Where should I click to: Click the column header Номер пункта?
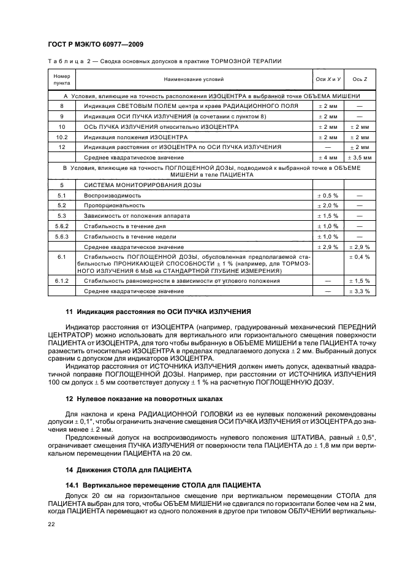tap(62, 79)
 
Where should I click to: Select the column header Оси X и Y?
tap(327, 79)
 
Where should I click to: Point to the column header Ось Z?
tap(359, 79)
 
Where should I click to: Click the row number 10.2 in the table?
tap(62, 137)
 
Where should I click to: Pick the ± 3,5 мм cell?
tap(359, 158)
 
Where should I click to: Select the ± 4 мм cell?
tap(327, 158)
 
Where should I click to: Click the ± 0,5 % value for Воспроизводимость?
tap(327, 194)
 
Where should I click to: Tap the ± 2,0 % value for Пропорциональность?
tap(327, 205)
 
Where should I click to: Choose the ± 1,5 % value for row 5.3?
tap(327, 215)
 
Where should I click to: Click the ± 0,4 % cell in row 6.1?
tap(359, 256)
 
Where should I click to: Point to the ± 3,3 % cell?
tap(359, 291)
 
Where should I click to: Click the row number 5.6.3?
tap(62, 236)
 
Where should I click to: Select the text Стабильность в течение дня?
tap(121, 226)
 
